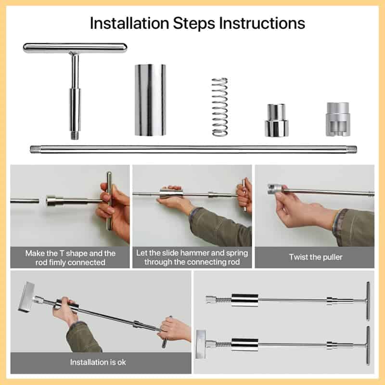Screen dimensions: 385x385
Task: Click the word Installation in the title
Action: [129, 23]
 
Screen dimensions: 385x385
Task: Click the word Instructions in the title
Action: [262, 23]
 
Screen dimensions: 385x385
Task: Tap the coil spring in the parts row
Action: [220, 107]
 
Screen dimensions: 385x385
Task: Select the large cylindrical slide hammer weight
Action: [150, 100]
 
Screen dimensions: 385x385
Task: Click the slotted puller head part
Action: [338, 119]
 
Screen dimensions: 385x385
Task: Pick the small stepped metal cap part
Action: [276, 120]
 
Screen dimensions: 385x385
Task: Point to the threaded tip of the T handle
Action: [75, 136]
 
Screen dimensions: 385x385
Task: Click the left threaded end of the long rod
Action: [34, 149]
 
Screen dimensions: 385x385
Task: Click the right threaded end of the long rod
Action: [352, 149]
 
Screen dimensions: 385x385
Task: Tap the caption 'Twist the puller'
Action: [316, 257]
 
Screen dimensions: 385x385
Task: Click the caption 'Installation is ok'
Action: [98, 362]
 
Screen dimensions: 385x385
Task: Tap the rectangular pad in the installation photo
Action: [26, 297]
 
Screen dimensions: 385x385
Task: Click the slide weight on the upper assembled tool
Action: [244, 300]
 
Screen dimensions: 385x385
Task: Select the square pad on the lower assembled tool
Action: [201, 344]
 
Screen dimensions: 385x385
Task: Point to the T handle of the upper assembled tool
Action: [368, 301]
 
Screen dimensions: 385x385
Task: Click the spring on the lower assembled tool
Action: [223, 344]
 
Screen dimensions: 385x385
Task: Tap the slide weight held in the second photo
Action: [169, 194]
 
